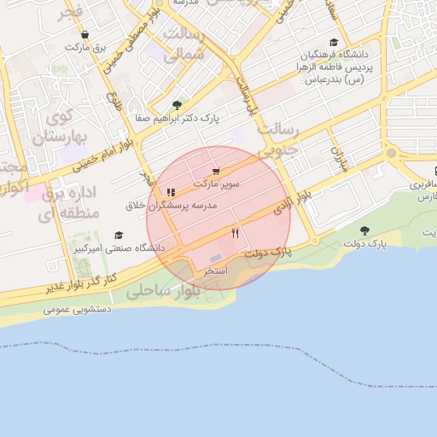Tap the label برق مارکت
coord(88,48)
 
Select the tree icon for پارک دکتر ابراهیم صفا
coord(177,105)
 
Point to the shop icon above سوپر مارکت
coord(216,171)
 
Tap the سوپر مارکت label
coord(216,184)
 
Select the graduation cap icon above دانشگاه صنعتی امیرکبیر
coord(119,235)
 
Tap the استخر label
coord(214,270)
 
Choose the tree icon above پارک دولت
coord(364,230)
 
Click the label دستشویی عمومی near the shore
coord(79,310)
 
